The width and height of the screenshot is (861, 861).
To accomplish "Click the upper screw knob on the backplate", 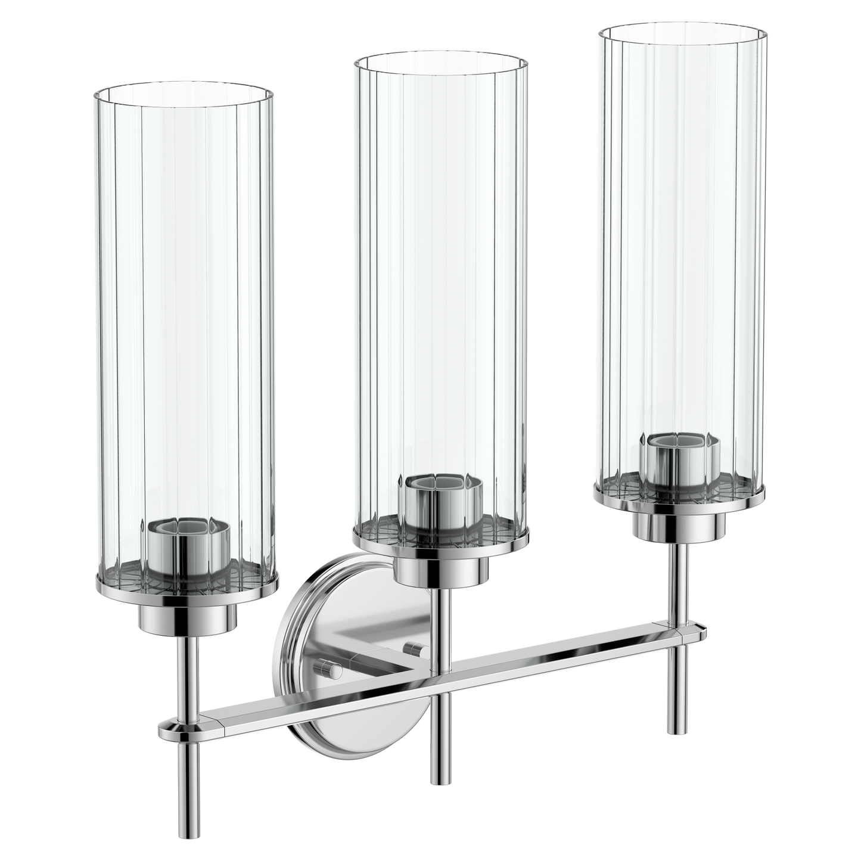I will coord(411,648).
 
